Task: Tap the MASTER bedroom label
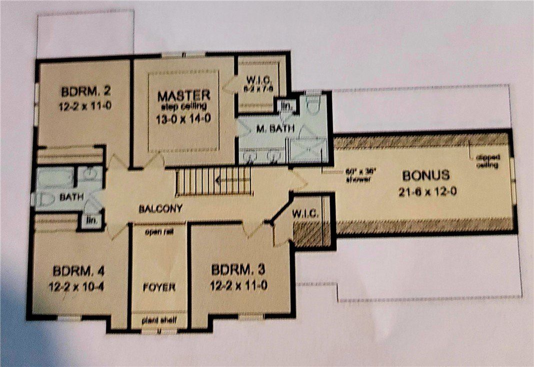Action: (183, 94)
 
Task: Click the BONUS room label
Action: (426, 176)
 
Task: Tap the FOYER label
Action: (158, 287)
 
